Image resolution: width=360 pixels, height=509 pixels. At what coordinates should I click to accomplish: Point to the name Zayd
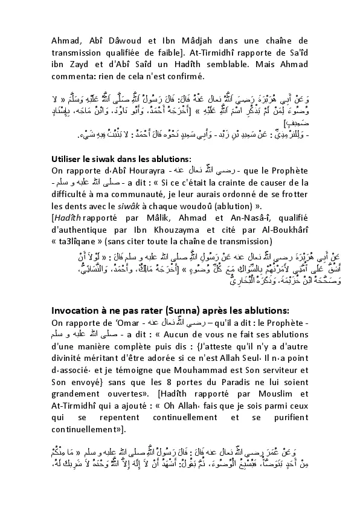click(x=71, y=65)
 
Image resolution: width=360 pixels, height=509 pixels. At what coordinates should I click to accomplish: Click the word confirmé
click(x=185, y=77)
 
